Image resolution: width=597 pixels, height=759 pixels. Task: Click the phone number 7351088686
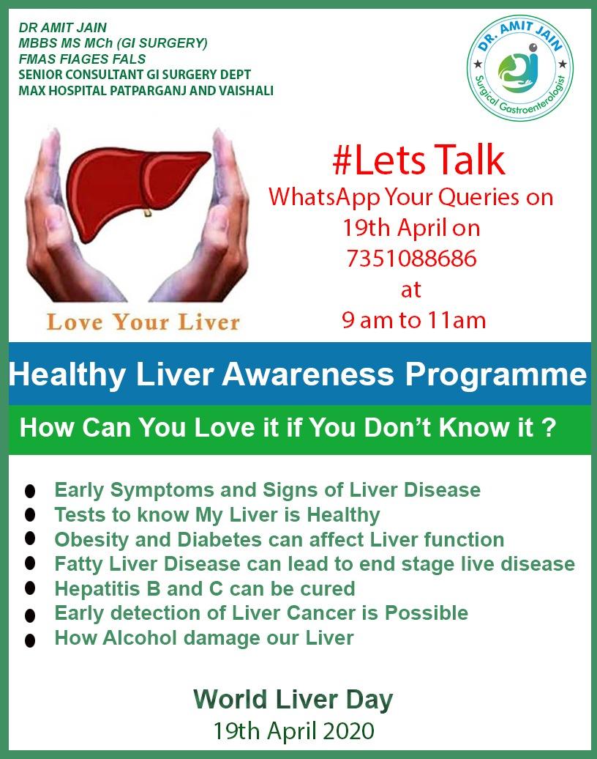411,258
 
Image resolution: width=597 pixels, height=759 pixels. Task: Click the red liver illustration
138,190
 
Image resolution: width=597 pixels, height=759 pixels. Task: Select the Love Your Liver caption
143,322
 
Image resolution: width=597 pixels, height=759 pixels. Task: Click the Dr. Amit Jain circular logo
520,67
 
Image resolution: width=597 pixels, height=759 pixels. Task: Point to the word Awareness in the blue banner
308,374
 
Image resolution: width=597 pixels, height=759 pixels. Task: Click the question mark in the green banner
548,427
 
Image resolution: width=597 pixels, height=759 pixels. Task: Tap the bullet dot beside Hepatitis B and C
30,589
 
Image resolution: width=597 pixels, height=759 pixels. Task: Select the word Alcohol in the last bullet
140,637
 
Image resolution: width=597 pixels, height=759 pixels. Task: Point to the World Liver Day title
293,700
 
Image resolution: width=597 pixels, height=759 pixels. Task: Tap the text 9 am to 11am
414,320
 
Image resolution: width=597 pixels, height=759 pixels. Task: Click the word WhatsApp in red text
324,198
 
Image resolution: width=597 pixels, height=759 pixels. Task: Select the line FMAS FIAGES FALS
82,59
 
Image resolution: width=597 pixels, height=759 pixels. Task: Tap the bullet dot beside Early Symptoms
30,491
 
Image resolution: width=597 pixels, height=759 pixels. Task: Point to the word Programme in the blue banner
496,374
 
